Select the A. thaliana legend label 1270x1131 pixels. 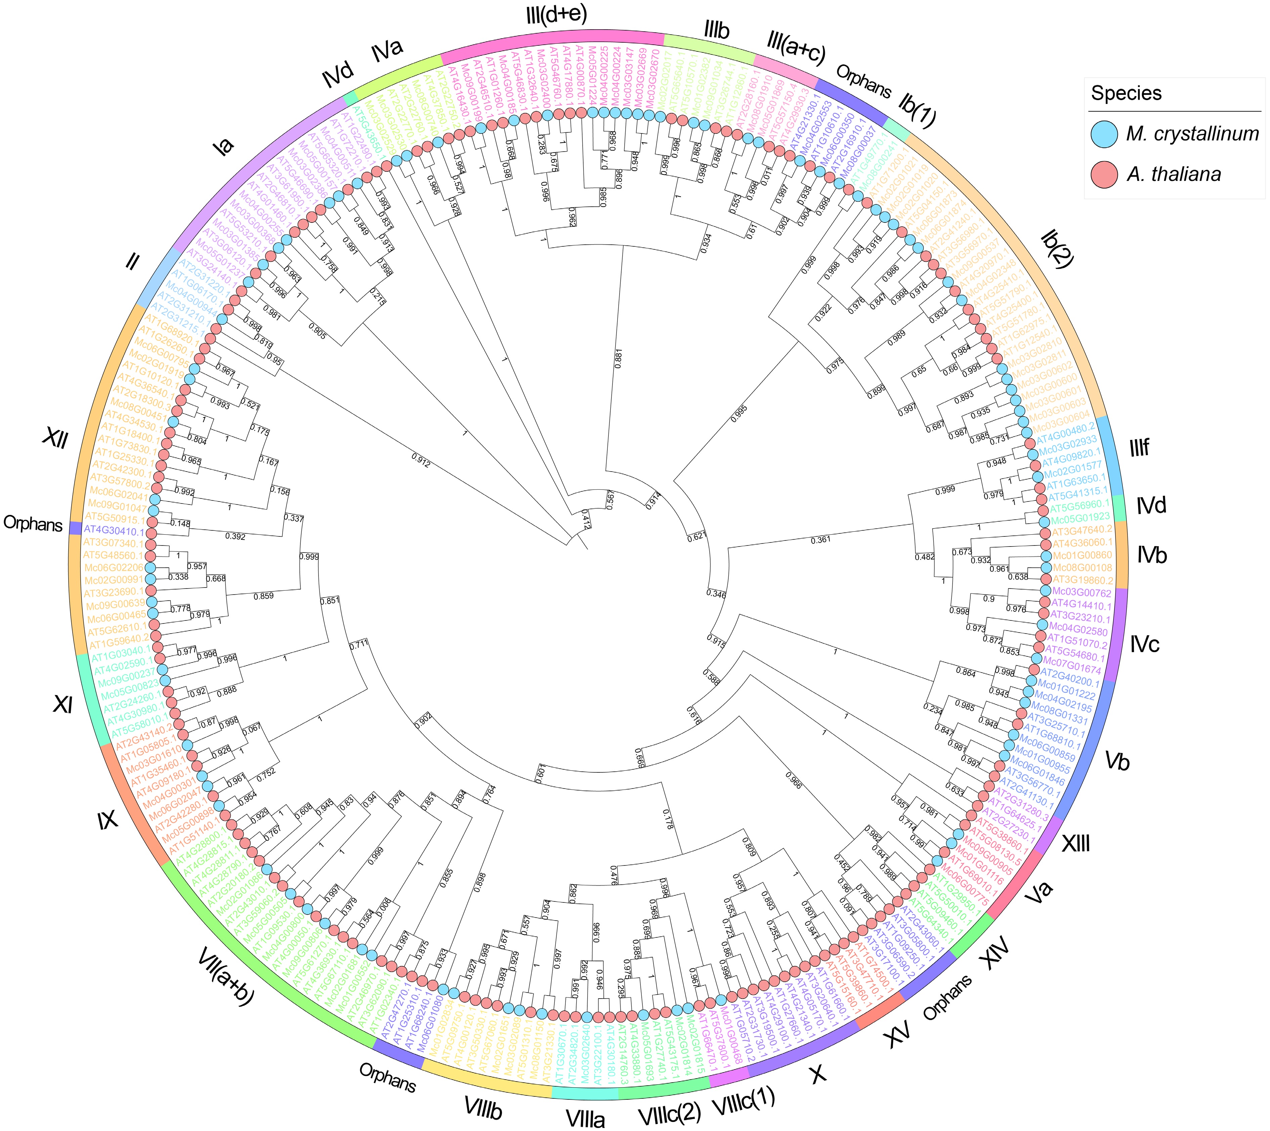click(x=1173, y=175)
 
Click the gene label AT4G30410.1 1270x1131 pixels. click(x=114, y=531)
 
